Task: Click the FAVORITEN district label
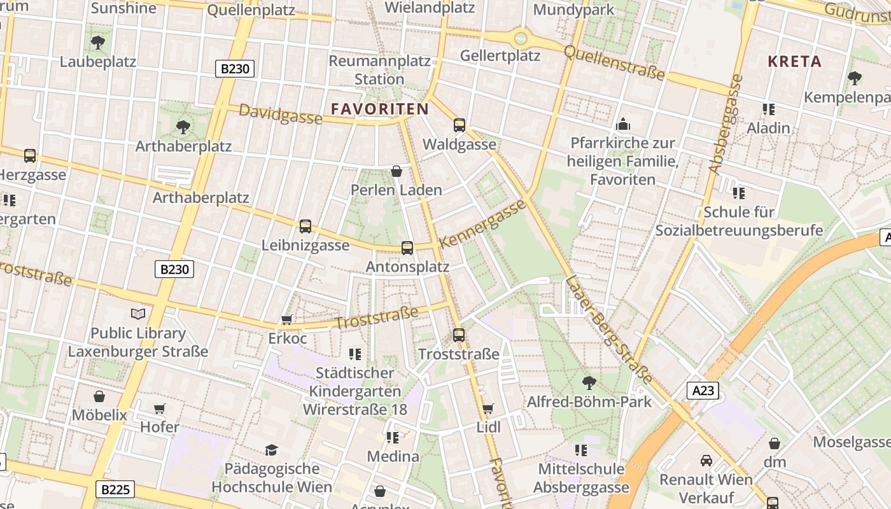click(380, 109)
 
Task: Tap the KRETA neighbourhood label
click(794, 62)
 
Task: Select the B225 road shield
click(116, 489)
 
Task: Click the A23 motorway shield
click(703, 390)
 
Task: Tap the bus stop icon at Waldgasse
click(460, 125)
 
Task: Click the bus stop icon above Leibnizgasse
click(305, 226)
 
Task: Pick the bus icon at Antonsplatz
click(407, 248)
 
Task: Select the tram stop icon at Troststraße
click(459, 335)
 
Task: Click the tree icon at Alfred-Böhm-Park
click(589, 382)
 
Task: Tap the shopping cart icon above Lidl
click(488, 408)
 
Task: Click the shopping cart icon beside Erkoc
click(287, 319)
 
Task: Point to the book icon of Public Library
click(138, 314)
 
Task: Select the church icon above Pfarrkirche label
click(622, 124)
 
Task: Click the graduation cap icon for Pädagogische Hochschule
click(272, 450)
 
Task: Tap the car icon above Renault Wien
click(706, 460)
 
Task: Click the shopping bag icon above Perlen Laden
click(396, 171)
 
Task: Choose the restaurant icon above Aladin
click(768, 109)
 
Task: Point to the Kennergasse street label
click(483, 224)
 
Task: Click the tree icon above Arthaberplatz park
click(183, 127)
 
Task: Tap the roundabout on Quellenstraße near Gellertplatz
click(521, 38)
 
